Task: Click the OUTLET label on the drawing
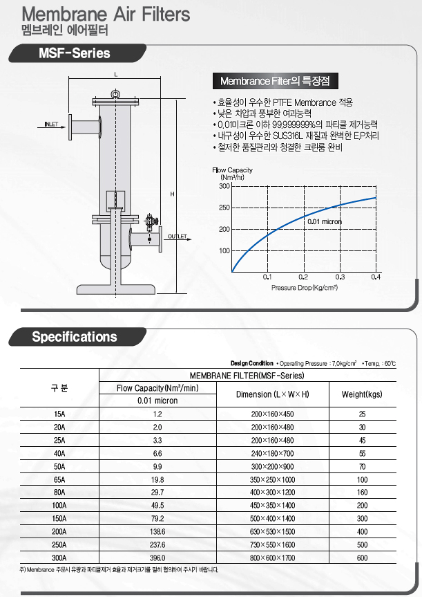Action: click(178, 237)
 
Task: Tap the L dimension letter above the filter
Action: click(115, 74)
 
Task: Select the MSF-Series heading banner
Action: click(75, 53)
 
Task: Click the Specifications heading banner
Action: click(75, 337)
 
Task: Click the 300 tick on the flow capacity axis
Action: click(224, 186)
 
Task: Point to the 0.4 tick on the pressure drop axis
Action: click(376, 277)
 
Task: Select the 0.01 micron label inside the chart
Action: click(325, 221)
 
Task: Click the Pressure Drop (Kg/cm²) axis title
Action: click(304, 287)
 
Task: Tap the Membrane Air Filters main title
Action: click(106, 14)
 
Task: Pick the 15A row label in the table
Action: click(59, 414)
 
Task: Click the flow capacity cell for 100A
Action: click(157, 506)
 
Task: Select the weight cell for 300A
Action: click(362, 558)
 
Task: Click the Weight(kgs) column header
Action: click(362, 394)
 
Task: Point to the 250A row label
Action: click(59, 544)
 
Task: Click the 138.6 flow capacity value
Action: click(157, 531)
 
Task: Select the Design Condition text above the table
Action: click(252, 363)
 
